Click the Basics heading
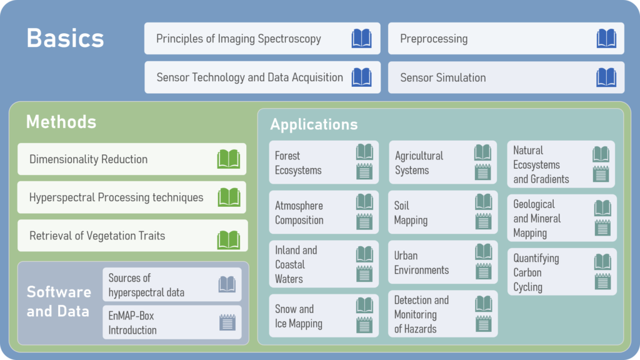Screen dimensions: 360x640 click(x=65, y=39)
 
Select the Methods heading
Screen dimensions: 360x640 click(x=61, y=121)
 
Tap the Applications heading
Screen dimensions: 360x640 click(x=314, y=124)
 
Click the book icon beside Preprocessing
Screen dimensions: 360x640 click(x=606, y=39)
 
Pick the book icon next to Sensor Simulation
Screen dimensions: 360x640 click(x=606, y=77)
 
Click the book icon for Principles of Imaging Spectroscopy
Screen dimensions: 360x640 click(x=361, y=39)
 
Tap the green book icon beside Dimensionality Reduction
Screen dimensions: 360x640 click(x=228, y=159)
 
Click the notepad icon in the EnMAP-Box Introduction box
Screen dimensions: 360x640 click(x=227, y=322)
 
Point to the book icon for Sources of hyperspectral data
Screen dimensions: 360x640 click(x=227, y=285)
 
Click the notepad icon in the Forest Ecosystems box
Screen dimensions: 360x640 click(x=364, y=171)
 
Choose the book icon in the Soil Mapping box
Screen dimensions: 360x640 click(x=483, y=201)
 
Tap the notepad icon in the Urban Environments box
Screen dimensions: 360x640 click(x=483, y=271)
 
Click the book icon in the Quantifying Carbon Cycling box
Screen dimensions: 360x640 click(x=602, y=262)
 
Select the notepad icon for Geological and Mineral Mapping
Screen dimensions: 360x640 click(x=602, y=227)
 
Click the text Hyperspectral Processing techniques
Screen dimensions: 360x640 click(x=116, y=197)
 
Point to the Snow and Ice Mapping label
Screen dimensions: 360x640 click(x=299, y=316)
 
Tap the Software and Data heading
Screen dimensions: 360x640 click(x=59, y=301)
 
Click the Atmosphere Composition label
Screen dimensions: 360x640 click(x=299, y=212)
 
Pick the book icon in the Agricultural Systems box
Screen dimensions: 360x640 click(x=482, y=152)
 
